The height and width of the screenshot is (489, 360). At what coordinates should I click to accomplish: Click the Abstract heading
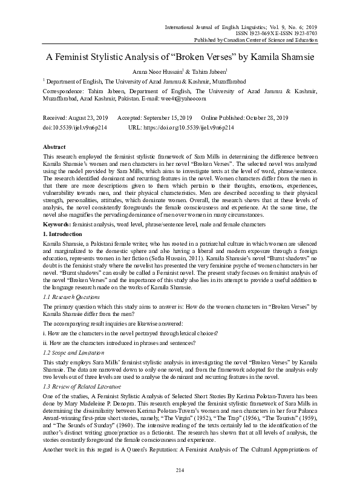(x=54, y=147)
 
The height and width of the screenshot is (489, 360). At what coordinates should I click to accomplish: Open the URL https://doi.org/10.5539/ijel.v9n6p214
(x=190, y=128)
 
